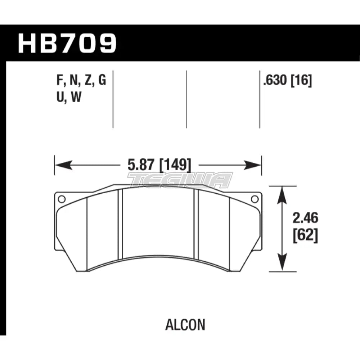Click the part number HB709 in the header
point(67,43)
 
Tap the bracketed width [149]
point(172,166)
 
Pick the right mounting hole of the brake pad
point(255,199)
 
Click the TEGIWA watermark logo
point(180,180)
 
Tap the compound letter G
point(102,81)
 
